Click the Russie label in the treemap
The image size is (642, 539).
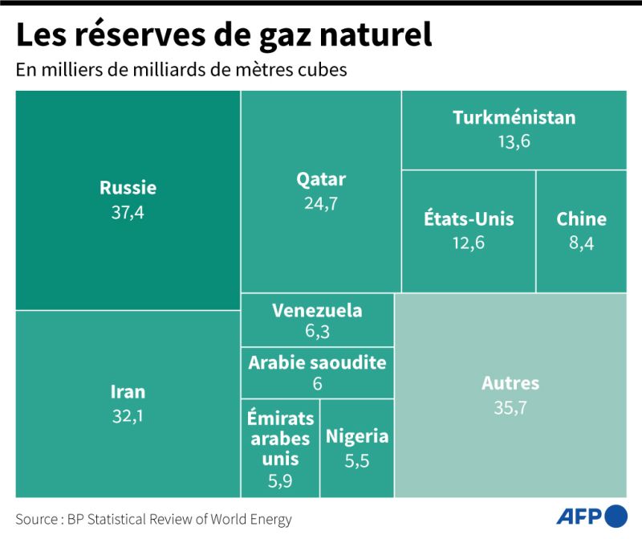click(128, 188)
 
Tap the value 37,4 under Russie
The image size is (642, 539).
click(128, 213)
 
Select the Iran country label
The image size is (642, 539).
click(128, 392)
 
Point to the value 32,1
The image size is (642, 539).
click(128, 416)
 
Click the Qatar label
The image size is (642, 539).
click(321, 178)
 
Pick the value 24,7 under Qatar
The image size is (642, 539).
click(321, 203)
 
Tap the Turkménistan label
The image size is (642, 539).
click(514, 117)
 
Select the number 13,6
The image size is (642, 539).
click(514, 141)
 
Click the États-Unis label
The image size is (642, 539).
click(469, 218)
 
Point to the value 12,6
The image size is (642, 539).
click(469, 243)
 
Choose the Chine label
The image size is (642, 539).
click(582, 218)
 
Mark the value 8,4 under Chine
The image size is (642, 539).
click(582, 243)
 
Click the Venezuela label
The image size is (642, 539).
click(317, 310)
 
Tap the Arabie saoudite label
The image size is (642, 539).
click(317, 362)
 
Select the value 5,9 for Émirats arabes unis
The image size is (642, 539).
click(280, 483)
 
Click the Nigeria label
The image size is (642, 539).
click(357, 436)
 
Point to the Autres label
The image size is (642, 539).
click(510, 383)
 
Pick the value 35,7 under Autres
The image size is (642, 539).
click(510, 408)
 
